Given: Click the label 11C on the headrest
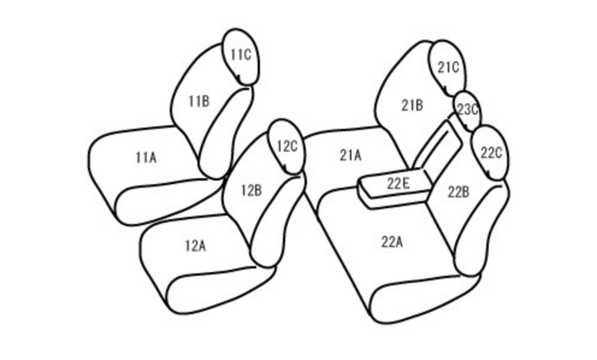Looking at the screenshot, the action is tap(241, 55).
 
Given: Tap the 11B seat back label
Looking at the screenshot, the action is tap(199, 101).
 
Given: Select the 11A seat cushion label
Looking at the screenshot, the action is tap(146, 157).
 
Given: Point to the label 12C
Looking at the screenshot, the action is tap(286, 146).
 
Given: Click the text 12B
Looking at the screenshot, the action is tap(252, 190).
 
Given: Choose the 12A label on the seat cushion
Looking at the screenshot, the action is tap(196, 246).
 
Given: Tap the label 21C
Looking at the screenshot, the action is tap(448, 67).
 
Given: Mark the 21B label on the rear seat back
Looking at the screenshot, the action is tap(412, 105).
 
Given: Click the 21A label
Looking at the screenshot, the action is tap(350, 155).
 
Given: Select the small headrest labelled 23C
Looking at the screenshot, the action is tap(467, 111).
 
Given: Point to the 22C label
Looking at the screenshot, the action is tap(491, 153).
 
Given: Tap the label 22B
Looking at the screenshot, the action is tap(459, 192).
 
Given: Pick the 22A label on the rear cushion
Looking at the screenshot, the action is tap(392, 241).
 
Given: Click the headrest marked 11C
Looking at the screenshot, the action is tap(241, 57).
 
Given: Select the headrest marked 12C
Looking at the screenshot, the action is tap(286, 147).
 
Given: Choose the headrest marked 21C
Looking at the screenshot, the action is tap(447, 69).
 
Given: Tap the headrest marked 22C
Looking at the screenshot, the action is tap(490, 153).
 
